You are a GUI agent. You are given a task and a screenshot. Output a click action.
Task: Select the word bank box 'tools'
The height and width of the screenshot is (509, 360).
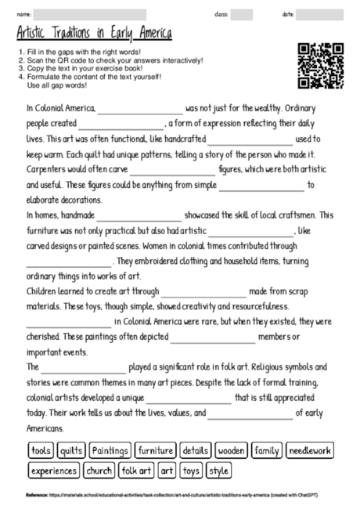pos(41,451)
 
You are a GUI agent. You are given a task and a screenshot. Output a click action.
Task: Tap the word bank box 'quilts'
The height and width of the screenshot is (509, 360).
pos(71,451)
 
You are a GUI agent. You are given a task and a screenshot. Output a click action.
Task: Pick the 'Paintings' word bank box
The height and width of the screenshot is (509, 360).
pos(110,451)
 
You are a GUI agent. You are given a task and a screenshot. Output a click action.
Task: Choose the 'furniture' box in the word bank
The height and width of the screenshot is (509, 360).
pos(154,451)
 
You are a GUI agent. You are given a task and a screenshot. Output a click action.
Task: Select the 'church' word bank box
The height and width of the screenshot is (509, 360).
pos(99,471)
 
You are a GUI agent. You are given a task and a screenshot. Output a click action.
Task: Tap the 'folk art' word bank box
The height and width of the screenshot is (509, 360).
pos(135,471)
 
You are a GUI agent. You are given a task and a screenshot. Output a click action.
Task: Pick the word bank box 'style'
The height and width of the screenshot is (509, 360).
pos(219,471)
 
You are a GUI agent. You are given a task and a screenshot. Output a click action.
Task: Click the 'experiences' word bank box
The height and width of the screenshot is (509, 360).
pos(54,471)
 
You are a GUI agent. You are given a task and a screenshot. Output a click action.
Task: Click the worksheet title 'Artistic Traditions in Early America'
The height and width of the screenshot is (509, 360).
pos(95,35)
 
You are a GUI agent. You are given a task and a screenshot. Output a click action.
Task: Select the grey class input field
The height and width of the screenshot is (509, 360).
pos(241,14)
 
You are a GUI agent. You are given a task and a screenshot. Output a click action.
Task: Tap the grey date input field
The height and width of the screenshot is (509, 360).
pos(319,14)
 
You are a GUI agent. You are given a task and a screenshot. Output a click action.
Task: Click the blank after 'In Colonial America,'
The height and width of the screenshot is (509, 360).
pos(140,110)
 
